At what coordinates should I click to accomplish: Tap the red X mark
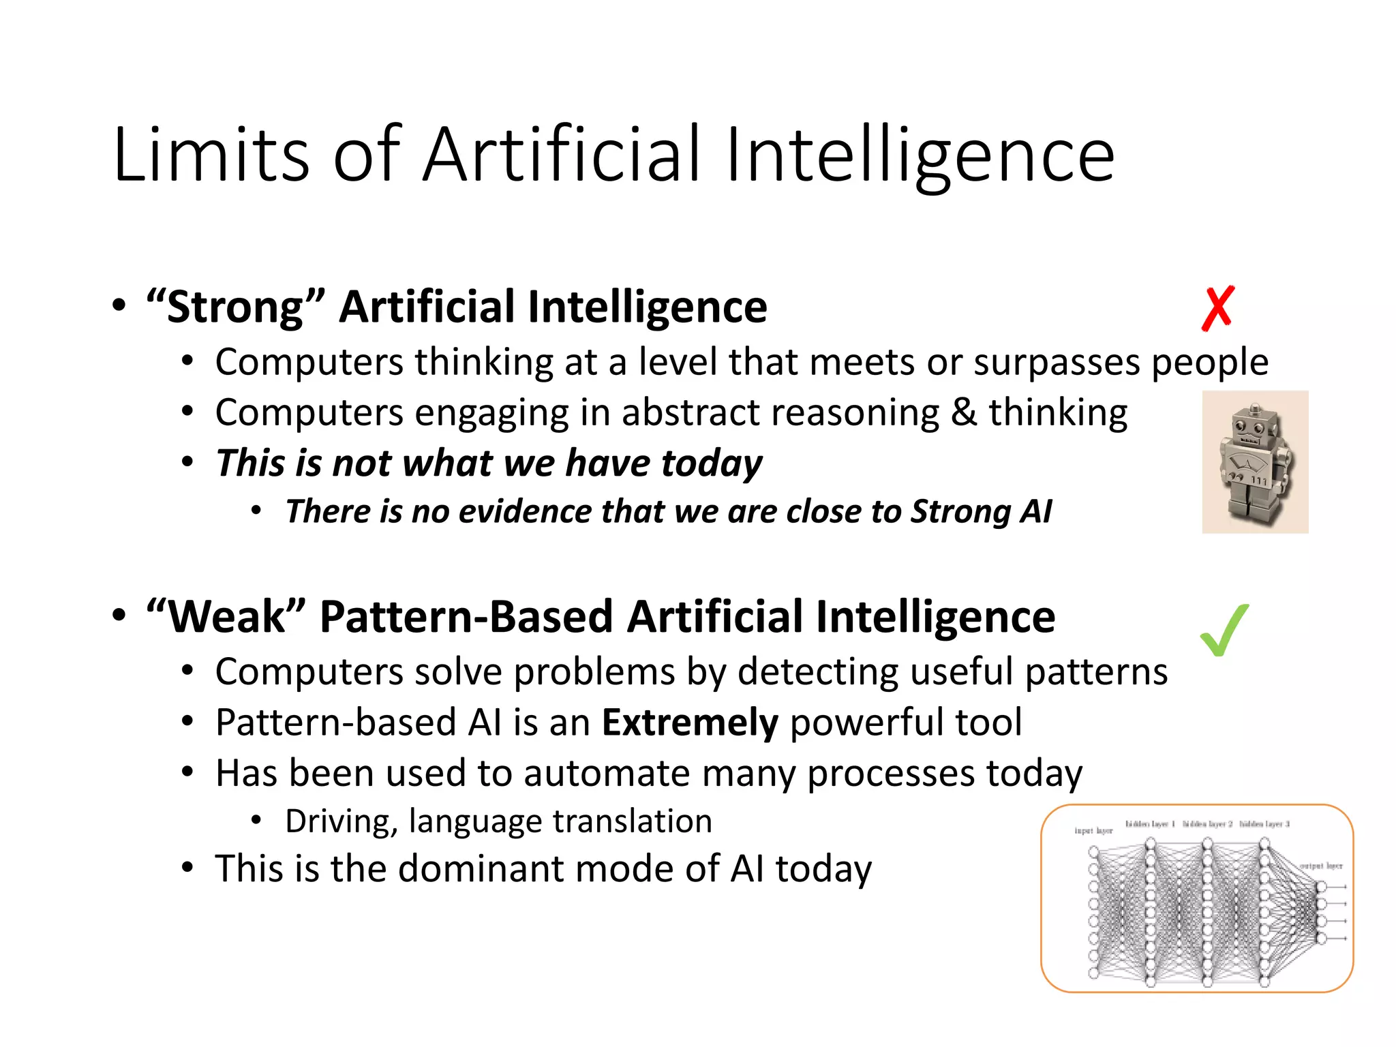point(1218,309)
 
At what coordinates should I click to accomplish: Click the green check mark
point(1225,631)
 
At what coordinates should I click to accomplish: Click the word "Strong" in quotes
point(235,307)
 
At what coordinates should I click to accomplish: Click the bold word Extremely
point(690,723)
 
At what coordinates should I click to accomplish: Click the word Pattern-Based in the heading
point(466,618)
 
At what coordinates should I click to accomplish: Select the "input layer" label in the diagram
point(1093,830)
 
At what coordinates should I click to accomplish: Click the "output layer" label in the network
point(1320,866)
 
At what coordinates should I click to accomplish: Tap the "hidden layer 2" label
point(1207,824)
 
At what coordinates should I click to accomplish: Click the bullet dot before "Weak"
point(119,616)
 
